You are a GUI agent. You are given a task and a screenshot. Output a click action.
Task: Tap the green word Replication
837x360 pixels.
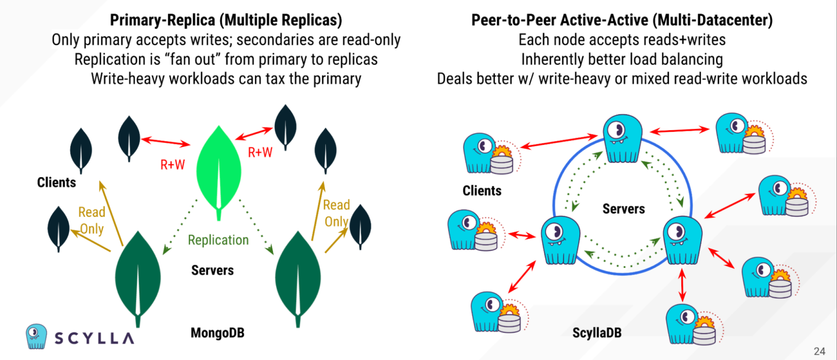(x=218, y=240)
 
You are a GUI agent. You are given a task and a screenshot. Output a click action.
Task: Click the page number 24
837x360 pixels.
(x=819, y=350)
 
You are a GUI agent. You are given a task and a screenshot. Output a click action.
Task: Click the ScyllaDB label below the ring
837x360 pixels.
(x=597, y=332)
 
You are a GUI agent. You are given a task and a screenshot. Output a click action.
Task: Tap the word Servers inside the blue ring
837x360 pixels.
(x=623, y=209)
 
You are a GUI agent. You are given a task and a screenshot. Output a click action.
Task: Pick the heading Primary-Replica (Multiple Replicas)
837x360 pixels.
(x=226, y=21)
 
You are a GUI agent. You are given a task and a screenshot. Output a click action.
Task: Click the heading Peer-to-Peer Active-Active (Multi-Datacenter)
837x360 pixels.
(x=622, y=21)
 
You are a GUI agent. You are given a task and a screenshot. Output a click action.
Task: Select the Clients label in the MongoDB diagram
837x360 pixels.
(x=57, y=182)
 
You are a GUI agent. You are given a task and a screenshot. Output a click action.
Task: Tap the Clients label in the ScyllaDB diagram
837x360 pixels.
(x=482, y=191)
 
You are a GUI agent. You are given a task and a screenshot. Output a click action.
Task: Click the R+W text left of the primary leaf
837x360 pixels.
(x=173, y=165)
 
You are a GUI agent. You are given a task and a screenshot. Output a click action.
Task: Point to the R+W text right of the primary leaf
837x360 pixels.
(x=260, y=152)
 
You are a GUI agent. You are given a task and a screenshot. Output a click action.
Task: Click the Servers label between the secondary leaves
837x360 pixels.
(x=213, y=270)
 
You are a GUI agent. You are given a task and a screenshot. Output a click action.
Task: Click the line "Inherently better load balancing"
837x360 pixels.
(x=622, y=59)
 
